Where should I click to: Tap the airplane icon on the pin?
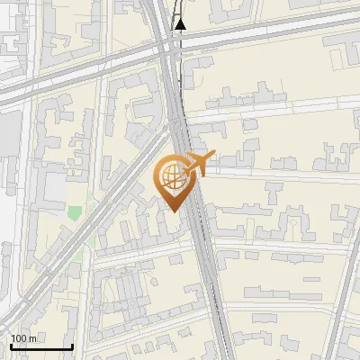click(199, 164)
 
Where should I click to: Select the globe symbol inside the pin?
click(171, 175)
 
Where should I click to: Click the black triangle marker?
click(180, 24)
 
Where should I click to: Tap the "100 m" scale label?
click(23, 338)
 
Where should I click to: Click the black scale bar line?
click(41, 346)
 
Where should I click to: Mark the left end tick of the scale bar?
click(11, 345)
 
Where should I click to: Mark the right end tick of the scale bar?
click(72, 345)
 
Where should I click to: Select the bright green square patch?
click(74, 213)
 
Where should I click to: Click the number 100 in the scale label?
click(19, 338)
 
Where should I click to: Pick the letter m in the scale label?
click(32, 338)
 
